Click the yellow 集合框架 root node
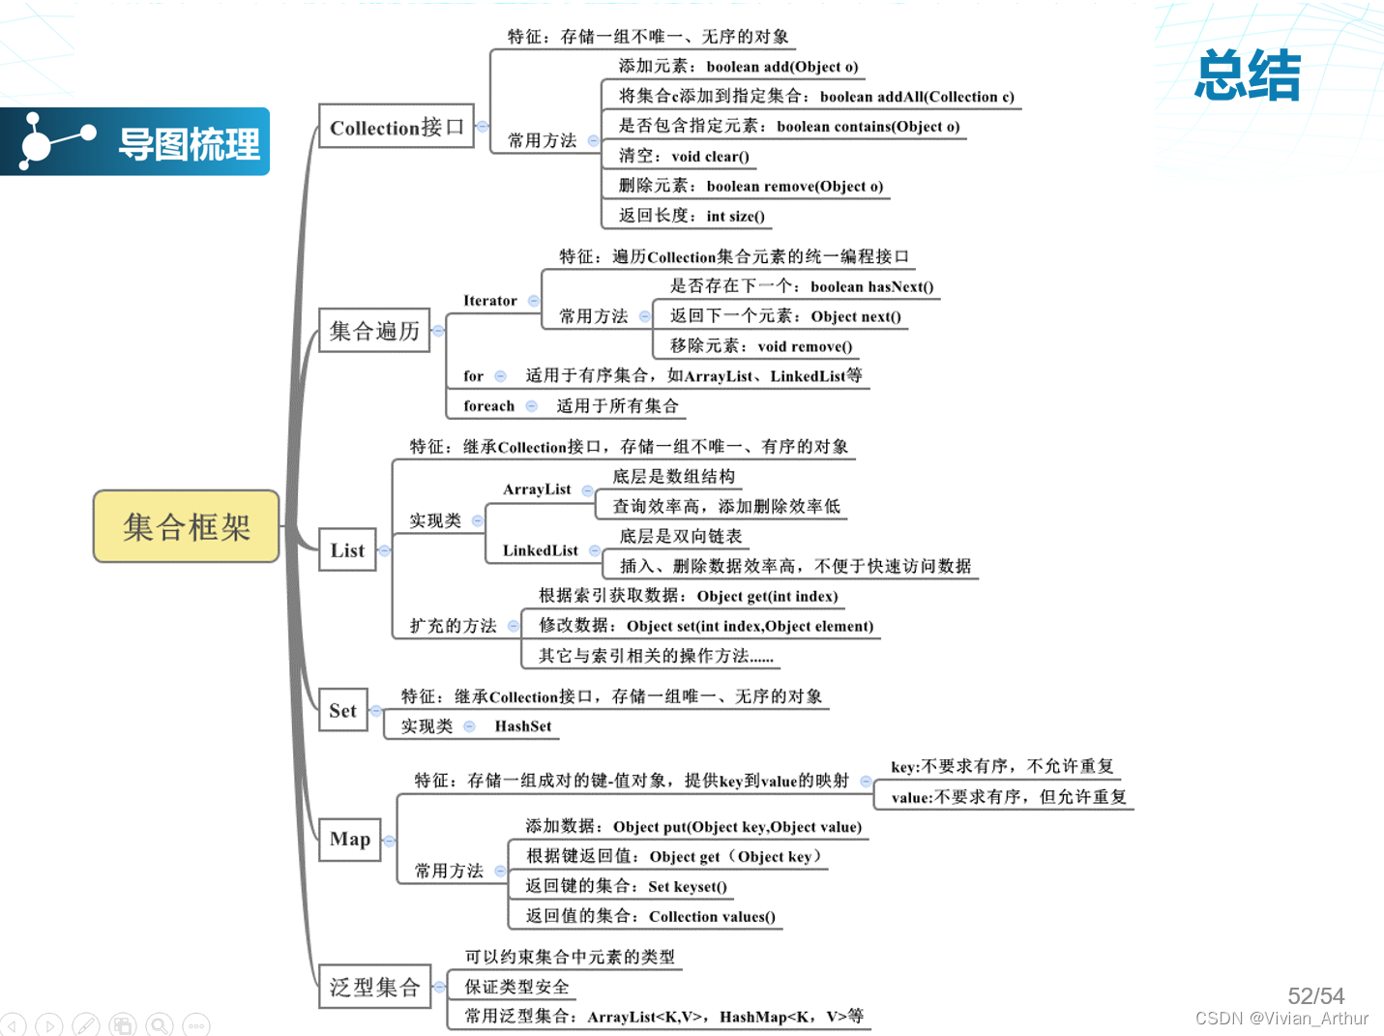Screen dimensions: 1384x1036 186,526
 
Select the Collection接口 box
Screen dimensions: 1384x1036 397,127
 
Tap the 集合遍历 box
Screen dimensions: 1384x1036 374,331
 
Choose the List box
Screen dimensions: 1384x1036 347,550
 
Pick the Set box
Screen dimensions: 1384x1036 342,711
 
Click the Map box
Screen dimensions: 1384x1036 349,839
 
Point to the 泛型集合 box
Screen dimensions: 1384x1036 374,987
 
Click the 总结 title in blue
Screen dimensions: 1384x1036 1248,75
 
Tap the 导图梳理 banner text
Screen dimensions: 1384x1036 189,144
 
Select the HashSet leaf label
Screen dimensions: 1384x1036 523,726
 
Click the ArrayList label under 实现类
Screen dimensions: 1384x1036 537,489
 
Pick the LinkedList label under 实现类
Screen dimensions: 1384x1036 540,550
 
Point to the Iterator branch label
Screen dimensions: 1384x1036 490,301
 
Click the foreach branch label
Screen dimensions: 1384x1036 488,406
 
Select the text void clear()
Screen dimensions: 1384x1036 710,157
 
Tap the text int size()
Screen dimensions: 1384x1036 735,217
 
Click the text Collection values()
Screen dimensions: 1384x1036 712,917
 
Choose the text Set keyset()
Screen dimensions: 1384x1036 688,887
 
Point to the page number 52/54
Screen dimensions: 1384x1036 1315,995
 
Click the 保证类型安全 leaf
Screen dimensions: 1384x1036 516,987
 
